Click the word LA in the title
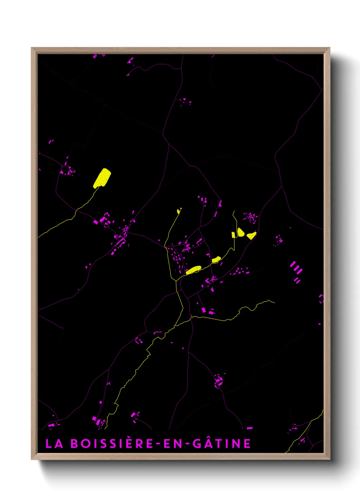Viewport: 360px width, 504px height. click(54, 443)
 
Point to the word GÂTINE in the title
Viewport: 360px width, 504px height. click(222, 443)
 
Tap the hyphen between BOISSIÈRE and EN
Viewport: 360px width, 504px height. click(158, 444)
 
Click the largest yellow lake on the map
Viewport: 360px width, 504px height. click(102, 178)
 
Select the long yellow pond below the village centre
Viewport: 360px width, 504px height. click(194, 270)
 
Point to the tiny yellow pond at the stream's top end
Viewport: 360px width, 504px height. click(179, 211)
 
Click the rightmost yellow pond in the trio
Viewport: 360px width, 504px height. click(251, 235)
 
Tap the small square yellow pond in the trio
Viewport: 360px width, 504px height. click(233, 235)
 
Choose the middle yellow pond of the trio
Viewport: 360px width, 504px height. click(241, 233)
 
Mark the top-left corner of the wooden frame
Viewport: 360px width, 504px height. click(32, 48)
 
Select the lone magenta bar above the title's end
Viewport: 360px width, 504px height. click(250, 428)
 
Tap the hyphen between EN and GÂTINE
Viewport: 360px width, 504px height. click(186, 444)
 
